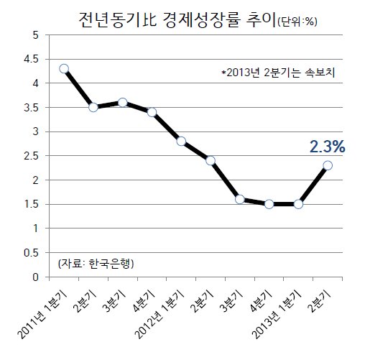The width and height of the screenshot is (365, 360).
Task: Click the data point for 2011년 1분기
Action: point(64,69)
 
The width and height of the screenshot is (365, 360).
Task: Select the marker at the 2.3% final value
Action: point(328,165)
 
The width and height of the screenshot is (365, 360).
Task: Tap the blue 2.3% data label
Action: point(328,147)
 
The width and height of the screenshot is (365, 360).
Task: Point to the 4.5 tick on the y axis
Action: point(31,59)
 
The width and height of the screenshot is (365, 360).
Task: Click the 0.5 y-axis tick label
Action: point(31,253)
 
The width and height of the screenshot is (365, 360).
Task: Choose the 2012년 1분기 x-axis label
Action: point(160,315)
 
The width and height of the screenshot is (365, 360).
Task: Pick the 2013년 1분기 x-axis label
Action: point(277,315)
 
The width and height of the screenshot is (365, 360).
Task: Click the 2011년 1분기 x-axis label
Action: point(42,315)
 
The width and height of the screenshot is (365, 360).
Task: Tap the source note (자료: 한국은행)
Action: point(96,264)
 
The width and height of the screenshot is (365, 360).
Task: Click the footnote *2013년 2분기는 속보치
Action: point(278,73)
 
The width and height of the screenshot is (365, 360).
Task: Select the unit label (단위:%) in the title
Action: point(297,22)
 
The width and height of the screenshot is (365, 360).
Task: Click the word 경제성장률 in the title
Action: point(200,19)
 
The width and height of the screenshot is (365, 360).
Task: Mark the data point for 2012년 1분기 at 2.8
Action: point(181,142)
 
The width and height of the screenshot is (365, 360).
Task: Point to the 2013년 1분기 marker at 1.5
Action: point(298,204)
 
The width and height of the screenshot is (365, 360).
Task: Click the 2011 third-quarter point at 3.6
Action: point(123,103)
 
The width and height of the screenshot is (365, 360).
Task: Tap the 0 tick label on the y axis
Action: point(35,277)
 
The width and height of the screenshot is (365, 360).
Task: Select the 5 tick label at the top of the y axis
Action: point(36,35)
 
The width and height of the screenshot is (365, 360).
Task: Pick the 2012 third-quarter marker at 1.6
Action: point(240,199)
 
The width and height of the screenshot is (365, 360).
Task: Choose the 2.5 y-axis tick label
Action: point(31,156)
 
